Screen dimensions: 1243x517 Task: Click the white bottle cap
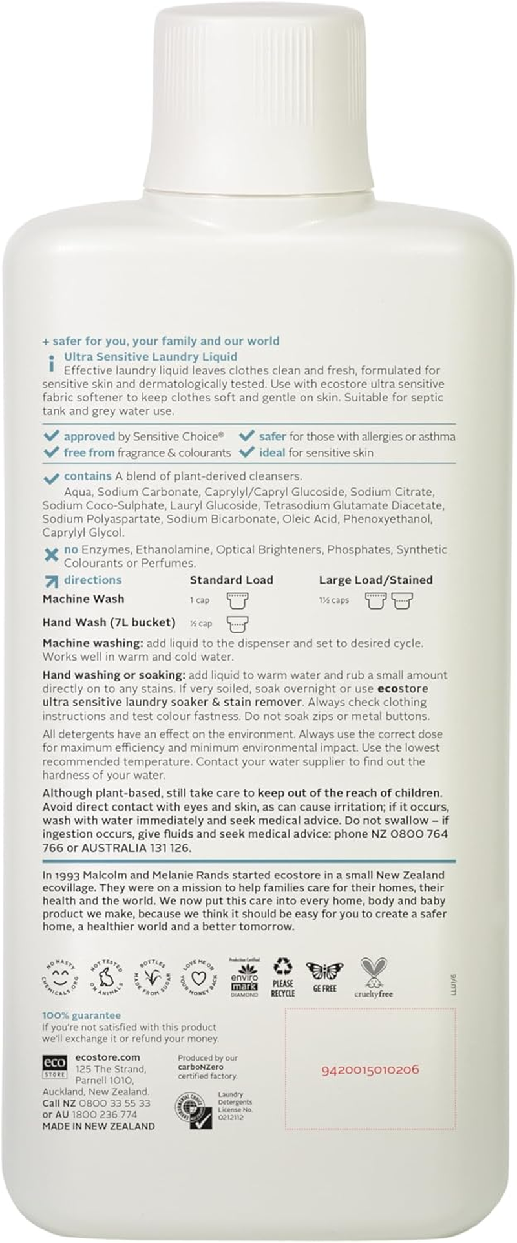(x=258, y=97)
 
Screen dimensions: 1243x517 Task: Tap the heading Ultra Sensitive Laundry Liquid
(x=150, y=357)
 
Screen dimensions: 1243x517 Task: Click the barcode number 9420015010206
(x=370, y=1070)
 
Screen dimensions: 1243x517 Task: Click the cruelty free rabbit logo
(x=374, y=977)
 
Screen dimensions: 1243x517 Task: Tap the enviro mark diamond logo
(x=244, y=977)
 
